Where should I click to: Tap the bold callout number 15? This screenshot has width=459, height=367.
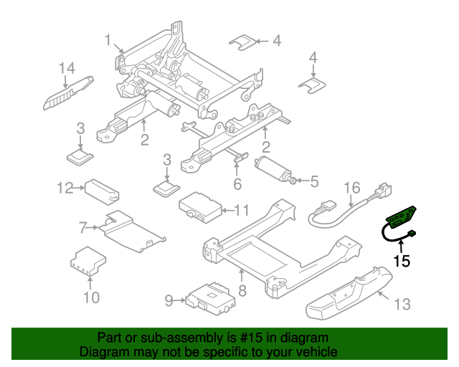(x=402, y=262)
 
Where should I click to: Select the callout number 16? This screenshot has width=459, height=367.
(x=351, y=189)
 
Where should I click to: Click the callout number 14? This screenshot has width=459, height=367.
(x=67, y=69)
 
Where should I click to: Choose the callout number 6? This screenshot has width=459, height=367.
(x=237, y=184)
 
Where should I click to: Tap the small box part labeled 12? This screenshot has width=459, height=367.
(x=102, y=190)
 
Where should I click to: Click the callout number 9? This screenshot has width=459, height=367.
(x=169, y=301)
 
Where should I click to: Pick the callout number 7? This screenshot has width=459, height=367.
(x=84, y=228)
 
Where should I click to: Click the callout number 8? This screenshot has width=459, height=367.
(x=242, y=291)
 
